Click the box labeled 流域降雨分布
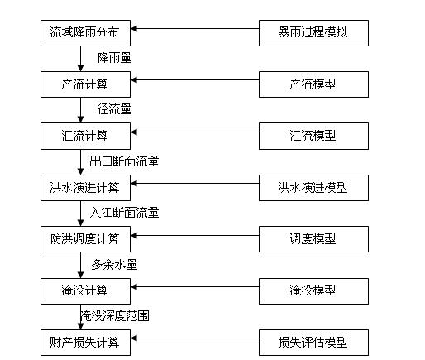[85, 33]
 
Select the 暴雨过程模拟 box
[313, 33]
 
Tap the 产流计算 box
[85, 84]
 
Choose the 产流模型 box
[313, 84]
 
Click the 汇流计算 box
[85, 136]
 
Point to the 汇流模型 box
[313, 136]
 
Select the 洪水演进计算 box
[85, 188]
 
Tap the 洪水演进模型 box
[313, 188]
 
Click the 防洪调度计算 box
[85, 239]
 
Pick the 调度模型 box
[313, 239]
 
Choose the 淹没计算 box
[85, 291]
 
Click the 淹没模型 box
[313, 291]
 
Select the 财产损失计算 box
[85, 343]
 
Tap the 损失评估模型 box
[313, 343]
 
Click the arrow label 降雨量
[115, 58]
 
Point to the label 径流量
[115, 109]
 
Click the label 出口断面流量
[124, 161]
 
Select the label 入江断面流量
[124, 213]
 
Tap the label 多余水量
[114, 265]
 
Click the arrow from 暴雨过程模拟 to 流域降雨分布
[195, 28]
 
